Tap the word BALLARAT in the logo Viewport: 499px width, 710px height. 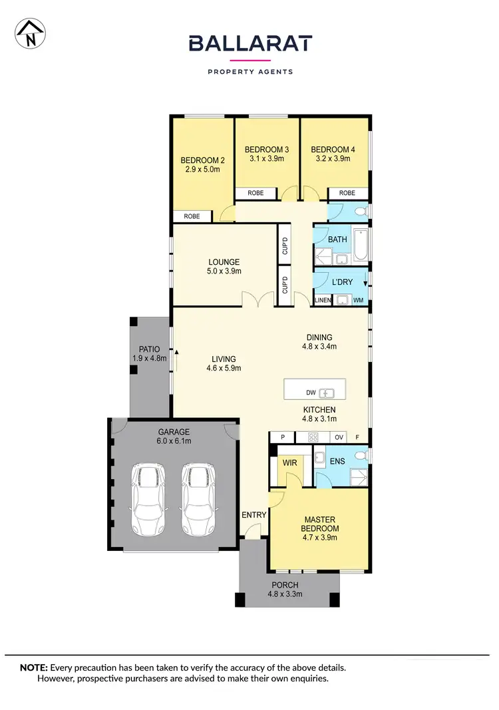click(x=249, y=43)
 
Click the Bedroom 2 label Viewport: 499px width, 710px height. click(x=203, y=160)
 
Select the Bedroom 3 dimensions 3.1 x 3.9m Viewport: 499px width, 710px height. click(x=267, y=159)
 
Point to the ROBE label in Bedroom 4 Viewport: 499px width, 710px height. click(x=347, y=193)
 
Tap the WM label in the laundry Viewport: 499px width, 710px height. click(x=358, y=301)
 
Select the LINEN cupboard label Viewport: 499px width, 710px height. click(x=322, y=301)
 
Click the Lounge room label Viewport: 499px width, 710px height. click(x=223, y=262)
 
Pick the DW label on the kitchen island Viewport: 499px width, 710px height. click(x=311, y=392)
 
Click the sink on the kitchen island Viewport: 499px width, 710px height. click(x=327, y=392)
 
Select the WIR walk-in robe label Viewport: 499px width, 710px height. click(x=289, y=461)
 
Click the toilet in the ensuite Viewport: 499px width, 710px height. click(x=361, y=456)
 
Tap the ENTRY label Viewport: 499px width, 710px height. click(x=254, y=514)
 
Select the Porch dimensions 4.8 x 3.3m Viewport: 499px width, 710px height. click(x=285, y=594)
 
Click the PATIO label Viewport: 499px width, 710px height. click(x=149, y=349)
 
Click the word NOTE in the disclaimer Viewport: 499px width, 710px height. click(x=33, y=667)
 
